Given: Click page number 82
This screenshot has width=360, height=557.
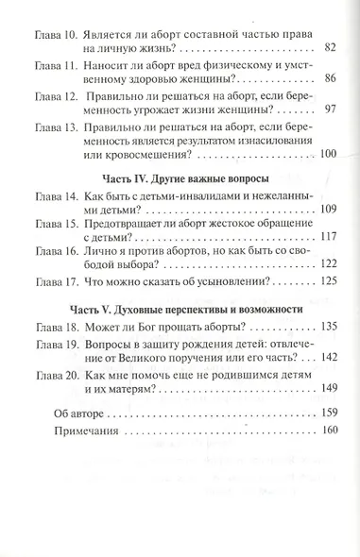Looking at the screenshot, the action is [330, 46].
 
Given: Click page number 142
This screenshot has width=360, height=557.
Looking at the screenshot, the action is [327, 356].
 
